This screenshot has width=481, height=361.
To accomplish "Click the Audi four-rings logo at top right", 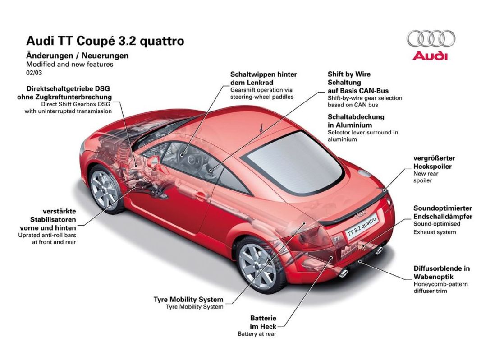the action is click(x=431, y=39).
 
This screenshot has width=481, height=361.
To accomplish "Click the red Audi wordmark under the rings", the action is click(x=430, y=56).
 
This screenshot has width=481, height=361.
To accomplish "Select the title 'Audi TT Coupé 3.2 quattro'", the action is click(x=105, y=41).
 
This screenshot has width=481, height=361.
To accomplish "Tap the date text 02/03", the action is click(x=34, y=73).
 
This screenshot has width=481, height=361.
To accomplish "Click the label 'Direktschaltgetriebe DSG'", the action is click(x=68, y=89).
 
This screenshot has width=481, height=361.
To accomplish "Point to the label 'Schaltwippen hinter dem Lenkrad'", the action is click(x=264, y=78).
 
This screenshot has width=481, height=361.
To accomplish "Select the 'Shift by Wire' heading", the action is click(x=349, y=74).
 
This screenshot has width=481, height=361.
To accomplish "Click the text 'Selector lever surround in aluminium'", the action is click(x=362, y=136).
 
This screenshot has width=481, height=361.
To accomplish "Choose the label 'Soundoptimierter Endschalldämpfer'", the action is click(x=443, y=213).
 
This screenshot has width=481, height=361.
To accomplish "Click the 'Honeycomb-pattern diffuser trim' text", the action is click(x=440, y=287).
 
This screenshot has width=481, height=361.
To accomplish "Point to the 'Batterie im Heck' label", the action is click(x=263, y=322).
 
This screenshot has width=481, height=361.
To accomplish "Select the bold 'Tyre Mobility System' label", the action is click(x=188, y=300).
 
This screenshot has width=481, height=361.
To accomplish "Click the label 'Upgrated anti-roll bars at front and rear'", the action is click(x=47, y=239).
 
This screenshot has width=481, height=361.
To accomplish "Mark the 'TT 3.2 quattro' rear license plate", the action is click(x=362, y=227).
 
